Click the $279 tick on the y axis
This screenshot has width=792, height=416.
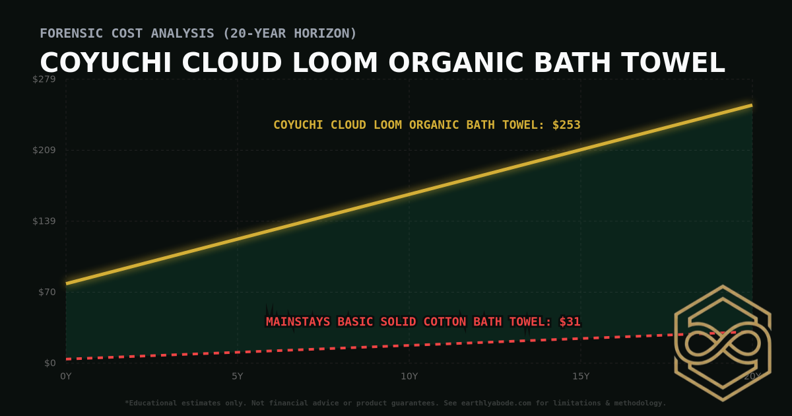(x=45, y=79)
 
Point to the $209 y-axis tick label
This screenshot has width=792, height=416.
(x=45, y=150)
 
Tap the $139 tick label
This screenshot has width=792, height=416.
(x=45, y=221)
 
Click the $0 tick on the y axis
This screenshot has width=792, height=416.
(x=50, y=363)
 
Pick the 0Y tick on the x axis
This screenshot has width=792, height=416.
(x=66, y=376)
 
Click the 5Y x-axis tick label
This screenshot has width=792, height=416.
(x=238, y=376)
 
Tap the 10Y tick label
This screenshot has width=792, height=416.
(x=409, y=376)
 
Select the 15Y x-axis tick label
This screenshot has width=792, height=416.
(x=581, y=376)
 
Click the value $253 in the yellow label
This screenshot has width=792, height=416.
(x=566, y=125)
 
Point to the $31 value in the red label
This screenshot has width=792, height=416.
(x=570, y=322)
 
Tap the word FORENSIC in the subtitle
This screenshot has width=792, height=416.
(x=68, y=33)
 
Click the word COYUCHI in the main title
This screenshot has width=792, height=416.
(x=106, y=63)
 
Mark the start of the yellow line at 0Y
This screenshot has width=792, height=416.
(x=67, y=283)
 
